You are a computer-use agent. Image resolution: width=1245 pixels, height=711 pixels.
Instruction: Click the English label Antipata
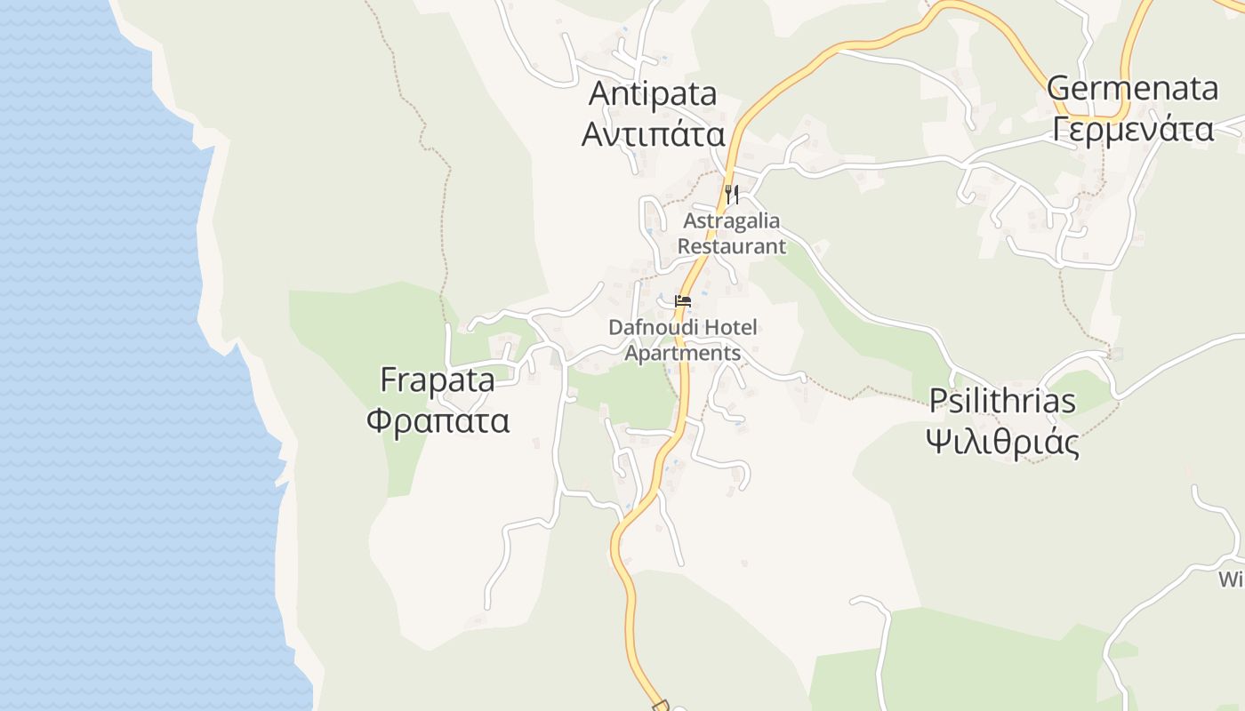tap(653, 93)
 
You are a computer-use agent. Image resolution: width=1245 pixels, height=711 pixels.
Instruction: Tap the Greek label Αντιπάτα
tap(653, 134)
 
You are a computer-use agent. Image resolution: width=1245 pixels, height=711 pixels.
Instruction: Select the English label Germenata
tap(1132, 88)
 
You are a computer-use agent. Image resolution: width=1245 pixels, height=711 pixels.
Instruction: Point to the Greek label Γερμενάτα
tap(1132, 129)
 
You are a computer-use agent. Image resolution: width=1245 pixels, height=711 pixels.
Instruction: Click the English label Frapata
tap(437, 379)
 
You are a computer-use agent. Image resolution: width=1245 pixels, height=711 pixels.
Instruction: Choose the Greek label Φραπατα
tap(438, 419)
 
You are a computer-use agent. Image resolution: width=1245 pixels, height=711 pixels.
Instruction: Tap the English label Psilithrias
tap(1002, 401)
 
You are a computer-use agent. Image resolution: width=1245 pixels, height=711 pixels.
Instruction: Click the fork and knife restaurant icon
tap(732, 194)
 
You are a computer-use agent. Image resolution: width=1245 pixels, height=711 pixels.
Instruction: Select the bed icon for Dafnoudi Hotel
tap(683, 301)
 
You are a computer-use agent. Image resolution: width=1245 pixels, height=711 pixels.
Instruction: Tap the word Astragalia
tap(731, 220)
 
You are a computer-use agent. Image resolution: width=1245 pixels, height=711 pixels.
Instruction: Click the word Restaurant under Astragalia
tap(732, 246)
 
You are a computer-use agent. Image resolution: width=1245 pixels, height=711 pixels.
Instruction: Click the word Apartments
tap(682, 353)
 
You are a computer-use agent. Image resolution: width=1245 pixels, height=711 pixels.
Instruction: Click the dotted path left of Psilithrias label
tap(854, 392)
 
